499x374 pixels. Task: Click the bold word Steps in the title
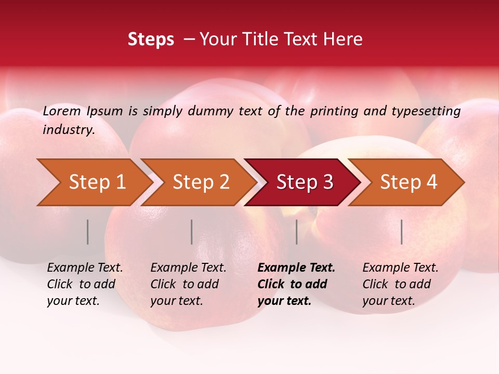(x=151, y=39)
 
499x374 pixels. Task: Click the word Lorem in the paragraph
(x=62, y=111)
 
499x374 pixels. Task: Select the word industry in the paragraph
(x=68, y=130)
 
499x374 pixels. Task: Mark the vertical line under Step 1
(x=88, y=232)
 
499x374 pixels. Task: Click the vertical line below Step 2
(x=192, y=232)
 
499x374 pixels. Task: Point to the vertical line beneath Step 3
(x=296, y=232)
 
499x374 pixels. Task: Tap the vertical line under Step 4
(x=401, y=232)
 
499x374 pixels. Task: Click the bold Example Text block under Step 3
(x=296, y=284)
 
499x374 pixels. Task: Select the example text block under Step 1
(x=85, y=284)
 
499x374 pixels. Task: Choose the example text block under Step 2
(x=188, y=284)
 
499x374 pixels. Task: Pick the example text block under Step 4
(x=400, y=284)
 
